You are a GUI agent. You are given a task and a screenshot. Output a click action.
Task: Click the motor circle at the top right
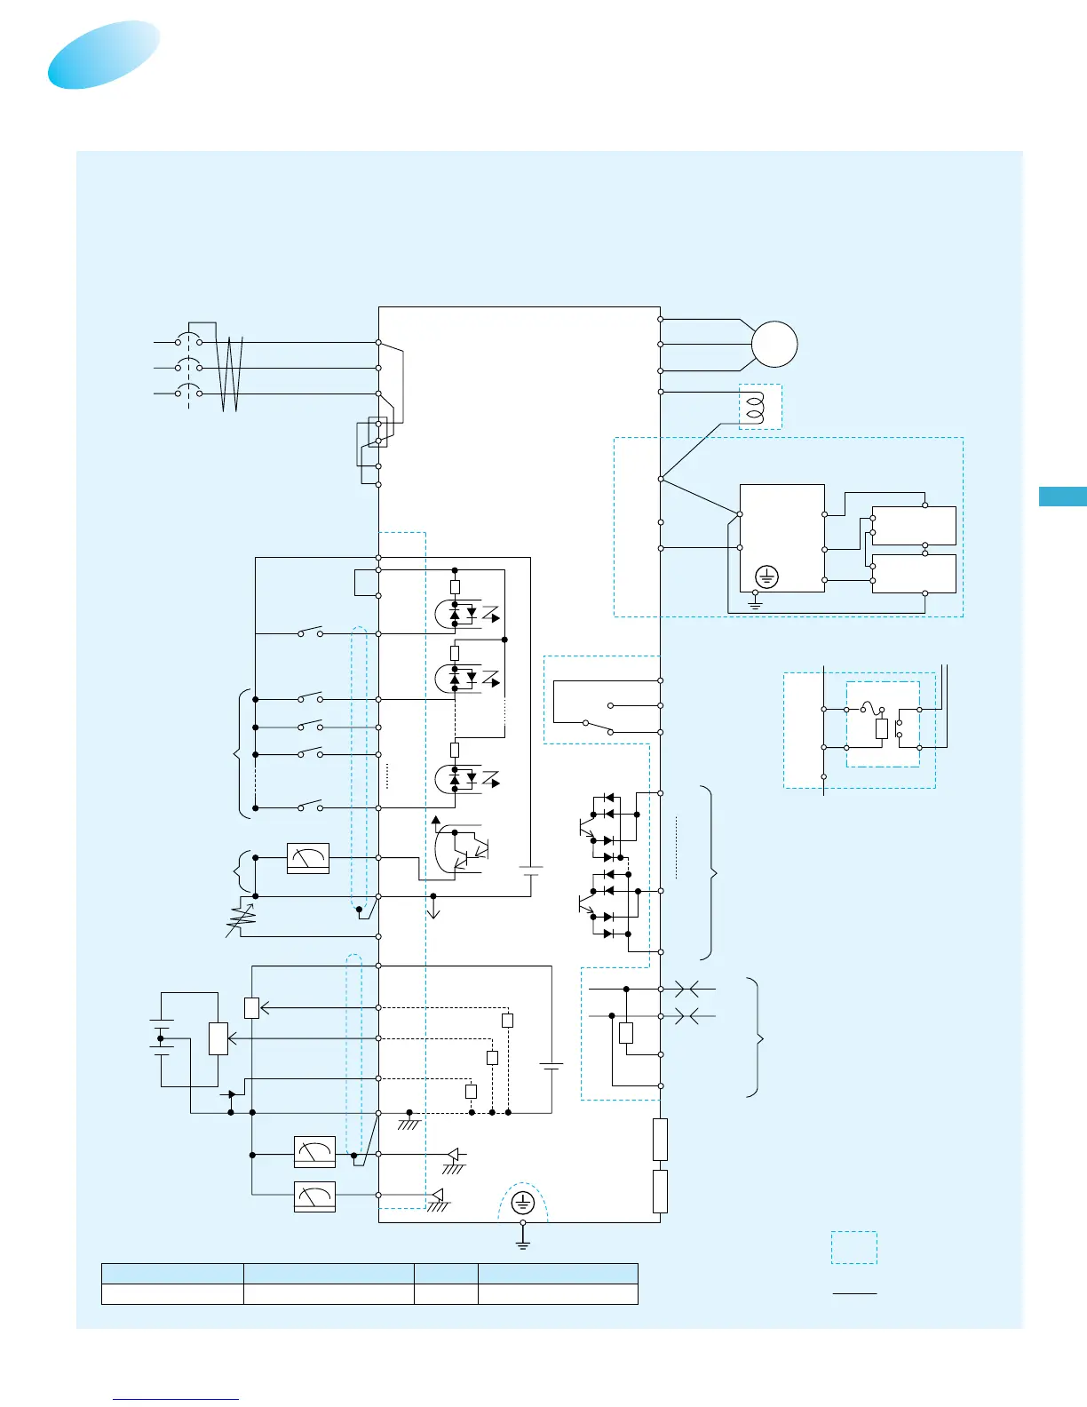774,344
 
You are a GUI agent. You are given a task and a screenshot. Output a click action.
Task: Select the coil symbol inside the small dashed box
756,408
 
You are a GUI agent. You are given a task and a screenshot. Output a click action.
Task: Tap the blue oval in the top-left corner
104,54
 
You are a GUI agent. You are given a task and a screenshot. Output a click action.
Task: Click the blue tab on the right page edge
1063,497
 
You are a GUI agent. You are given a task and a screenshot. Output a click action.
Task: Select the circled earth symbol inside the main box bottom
522,1204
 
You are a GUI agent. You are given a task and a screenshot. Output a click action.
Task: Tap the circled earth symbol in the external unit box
766,577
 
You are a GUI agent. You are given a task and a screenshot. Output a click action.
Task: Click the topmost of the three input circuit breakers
188,341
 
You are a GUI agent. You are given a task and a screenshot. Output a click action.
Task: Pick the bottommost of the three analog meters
314,1196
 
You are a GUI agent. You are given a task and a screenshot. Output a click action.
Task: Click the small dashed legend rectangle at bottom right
853,1247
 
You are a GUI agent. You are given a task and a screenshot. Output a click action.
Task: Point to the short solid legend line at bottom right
854,1293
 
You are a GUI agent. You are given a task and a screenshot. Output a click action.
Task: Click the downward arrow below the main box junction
433,910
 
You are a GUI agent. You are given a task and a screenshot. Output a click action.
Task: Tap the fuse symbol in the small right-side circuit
874,709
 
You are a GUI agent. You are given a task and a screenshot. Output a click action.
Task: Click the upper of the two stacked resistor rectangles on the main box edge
660,1140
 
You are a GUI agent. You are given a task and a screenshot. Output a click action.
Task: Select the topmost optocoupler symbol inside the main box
465,613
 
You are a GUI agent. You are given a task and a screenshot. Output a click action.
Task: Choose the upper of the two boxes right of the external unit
914,526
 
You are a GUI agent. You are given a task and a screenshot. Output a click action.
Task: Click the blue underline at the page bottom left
176,1399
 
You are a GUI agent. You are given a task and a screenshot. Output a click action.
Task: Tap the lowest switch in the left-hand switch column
310,807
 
